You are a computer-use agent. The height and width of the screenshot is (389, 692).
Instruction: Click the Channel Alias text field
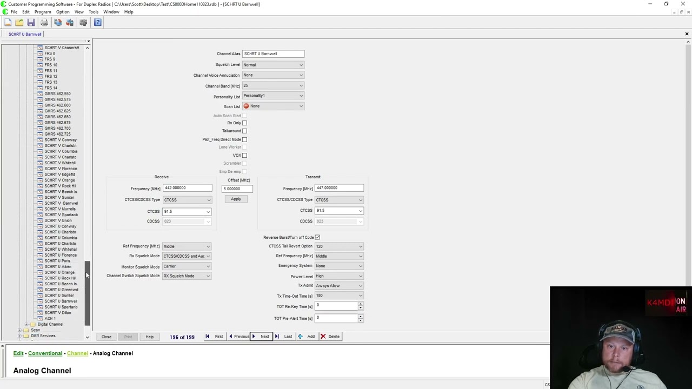tap(273, 54)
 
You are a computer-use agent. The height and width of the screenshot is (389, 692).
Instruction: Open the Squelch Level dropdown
tap(273, 65)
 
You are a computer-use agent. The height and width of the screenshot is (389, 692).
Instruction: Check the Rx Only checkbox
tap(244, 123)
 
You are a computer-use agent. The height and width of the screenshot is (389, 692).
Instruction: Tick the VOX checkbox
tap(244, 156)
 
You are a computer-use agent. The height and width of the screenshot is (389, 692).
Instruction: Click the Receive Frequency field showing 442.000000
tap(187, 188)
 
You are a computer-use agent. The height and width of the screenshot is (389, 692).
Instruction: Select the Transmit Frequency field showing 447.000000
tap(339, 188)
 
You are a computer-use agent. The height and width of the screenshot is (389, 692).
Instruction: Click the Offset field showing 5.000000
tap(237, 189)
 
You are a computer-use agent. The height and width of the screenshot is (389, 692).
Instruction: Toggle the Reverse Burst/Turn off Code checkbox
tap(317, 237)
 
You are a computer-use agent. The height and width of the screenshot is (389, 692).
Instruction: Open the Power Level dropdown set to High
tap(339, 276)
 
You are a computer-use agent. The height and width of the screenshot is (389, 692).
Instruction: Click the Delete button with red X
tap(330, 337)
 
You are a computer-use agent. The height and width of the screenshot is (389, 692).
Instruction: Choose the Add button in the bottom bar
tap(307, 337)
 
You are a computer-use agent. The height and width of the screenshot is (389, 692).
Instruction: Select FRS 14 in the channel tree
tap(51, 88)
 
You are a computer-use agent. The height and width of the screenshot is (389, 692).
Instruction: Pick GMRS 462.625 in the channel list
tap(57, 111)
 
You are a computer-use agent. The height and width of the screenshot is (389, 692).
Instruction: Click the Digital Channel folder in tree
tap(50, 324)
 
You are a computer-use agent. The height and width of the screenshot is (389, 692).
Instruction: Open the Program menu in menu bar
tap(43, 12)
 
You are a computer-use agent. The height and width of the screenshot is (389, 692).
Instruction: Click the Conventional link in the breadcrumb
tap(45, 353)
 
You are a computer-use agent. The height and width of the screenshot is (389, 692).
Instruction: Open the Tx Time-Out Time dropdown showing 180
tap(339, 296)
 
